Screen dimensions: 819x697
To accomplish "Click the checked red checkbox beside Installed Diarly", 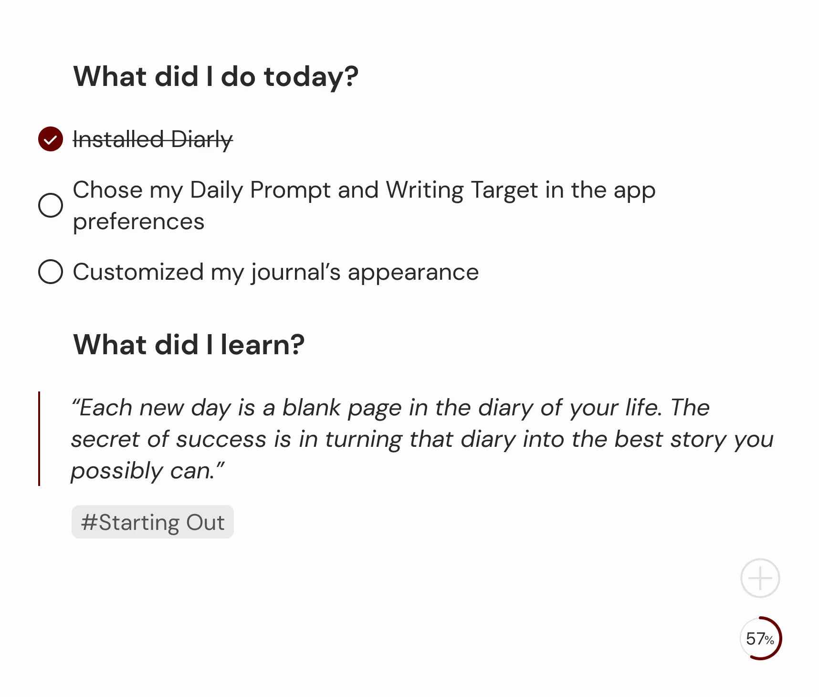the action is tap(51, 139).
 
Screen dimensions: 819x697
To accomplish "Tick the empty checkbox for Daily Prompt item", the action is tap(51, 205).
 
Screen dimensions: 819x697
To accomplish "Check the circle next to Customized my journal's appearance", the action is tap(51, 272).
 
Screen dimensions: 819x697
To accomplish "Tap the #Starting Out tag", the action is tap(153, 522).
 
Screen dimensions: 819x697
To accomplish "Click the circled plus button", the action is tap(760, 578).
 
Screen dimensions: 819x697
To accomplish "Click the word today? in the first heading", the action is tap(311, 77).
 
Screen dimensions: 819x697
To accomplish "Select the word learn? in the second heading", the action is tap(262, 344).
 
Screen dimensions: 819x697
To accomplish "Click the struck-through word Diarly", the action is tap(202, 140).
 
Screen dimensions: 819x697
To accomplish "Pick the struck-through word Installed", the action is tap(118, 139).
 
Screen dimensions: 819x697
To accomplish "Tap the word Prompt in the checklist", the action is tap(290, 191).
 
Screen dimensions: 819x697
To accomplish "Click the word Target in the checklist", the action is tap(504, 191).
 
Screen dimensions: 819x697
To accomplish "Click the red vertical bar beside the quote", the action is tap(39, 439).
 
